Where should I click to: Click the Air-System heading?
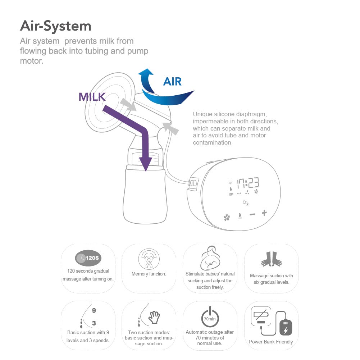point(56,26)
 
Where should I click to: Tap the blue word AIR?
point(172,82)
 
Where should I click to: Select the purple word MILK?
point(92,97)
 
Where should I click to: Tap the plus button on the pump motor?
point(264,213)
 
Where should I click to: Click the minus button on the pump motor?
point(252,214)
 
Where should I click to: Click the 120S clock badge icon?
point(88,258)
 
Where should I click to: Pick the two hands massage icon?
point(271,259)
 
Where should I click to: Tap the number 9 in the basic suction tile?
point(94,310)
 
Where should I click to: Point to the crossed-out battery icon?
point(261,315)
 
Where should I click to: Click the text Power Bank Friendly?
point(271,342)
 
